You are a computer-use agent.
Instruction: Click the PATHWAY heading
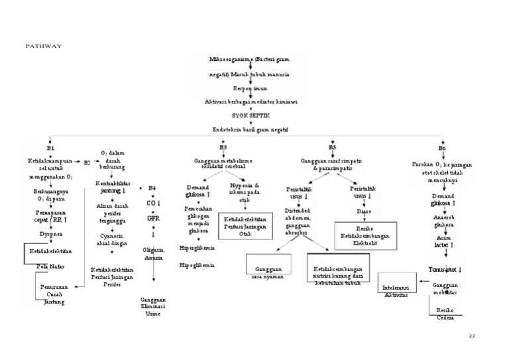pos(43,46)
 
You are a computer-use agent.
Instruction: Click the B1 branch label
pos(50,147)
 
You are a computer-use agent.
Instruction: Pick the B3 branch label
pos(223,147)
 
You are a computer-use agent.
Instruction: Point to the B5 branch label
pos(333,147)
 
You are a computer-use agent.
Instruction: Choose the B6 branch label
pos(442,147)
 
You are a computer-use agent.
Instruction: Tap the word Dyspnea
pos(50,233)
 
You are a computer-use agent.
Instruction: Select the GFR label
pos(153,217)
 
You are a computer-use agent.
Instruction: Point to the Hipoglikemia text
pos(197,265)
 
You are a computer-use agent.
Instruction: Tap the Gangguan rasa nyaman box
pos(269,272)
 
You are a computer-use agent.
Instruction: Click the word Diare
pos(364,211)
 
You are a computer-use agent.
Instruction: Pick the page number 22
pos(472,335)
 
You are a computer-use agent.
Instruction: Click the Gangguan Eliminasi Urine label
pos(153,306)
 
